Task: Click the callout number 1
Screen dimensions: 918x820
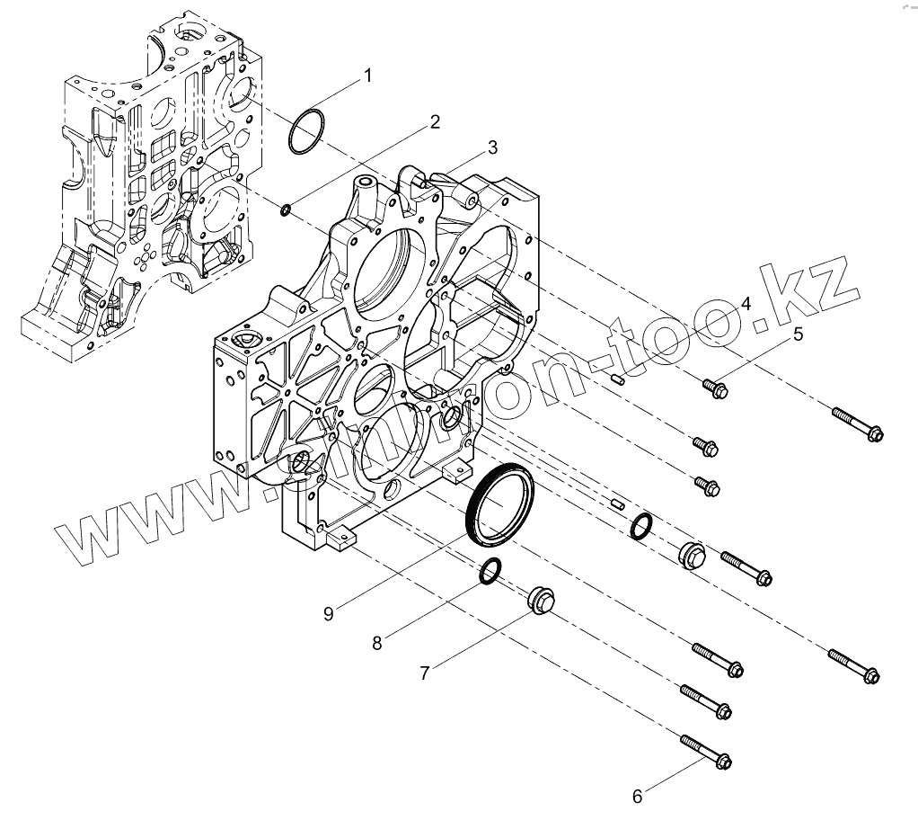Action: click(366, 76)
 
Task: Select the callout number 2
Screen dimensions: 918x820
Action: click(435, 121)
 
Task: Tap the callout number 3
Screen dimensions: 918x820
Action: click(492, 147)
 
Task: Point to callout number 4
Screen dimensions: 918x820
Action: click(746, 303)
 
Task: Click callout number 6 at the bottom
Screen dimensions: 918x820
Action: click(637, 796)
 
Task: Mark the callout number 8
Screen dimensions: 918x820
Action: click(377, 642)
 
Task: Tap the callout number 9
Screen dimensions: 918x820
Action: click(329, 613)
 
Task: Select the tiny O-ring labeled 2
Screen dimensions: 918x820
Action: click(285, 210)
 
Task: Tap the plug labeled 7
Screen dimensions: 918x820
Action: click(540, 601)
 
